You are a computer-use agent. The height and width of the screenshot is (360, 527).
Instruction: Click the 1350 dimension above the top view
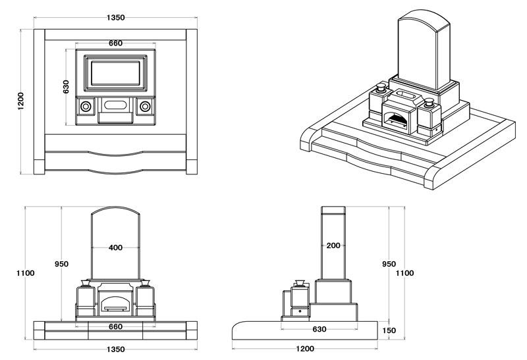click(115, 18)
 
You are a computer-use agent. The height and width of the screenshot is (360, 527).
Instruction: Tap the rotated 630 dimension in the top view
click(66, 87)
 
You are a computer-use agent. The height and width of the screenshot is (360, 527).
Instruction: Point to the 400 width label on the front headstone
click(115, 248)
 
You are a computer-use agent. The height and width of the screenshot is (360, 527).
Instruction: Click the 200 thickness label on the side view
click(333, 245)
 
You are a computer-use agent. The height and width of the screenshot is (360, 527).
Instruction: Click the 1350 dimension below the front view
click(115, 349)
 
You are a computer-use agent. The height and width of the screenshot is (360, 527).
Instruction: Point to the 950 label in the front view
click(61, 264)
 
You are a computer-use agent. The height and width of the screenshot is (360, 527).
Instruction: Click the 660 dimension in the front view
click(115, 327)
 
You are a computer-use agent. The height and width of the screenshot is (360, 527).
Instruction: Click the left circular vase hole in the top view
click(86, 105)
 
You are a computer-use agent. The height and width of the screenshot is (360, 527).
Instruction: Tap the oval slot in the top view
click(115, 105)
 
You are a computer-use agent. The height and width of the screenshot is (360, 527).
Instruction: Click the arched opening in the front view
click(115, 303)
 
